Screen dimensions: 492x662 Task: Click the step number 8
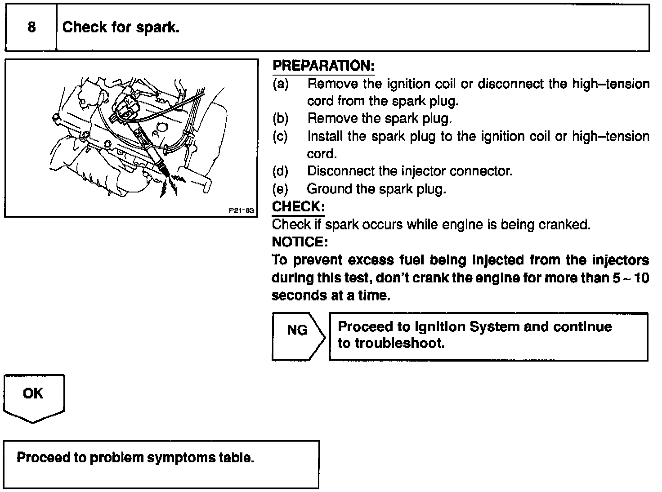31,27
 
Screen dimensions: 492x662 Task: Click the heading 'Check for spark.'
121,27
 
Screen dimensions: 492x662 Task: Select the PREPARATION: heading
324,66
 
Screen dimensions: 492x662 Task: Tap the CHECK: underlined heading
298,207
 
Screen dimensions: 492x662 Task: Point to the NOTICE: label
300,242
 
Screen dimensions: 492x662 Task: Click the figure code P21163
241,210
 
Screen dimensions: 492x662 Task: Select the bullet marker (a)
280,84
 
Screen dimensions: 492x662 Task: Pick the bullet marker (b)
280,119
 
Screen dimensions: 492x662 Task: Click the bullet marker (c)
280,136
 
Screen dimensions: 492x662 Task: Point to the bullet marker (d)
280,171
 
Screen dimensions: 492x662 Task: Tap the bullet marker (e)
280,189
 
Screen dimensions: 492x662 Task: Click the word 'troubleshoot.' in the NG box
400,344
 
